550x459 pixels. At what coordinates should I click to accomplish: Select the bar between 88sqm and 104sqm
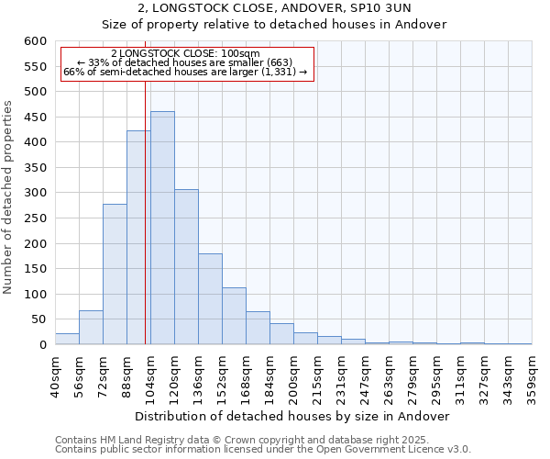pos(138,238)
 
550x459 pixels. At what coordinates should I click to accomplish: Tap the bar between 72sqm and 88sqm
pos(115,274)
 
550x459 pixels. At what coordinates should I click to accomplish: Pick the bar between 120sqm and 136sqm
pos(186,267)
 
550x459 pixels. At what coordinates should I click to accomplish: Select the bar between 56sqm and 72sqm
pos(91,328)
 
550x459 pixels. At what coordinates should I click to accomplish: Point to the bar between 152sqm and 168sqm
pos(234,316)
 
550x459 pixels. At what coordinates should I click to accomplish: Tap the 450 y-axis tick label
pos(35,118)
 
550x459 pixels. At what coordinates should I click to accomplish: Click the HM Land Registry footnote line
pos(241,440)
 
